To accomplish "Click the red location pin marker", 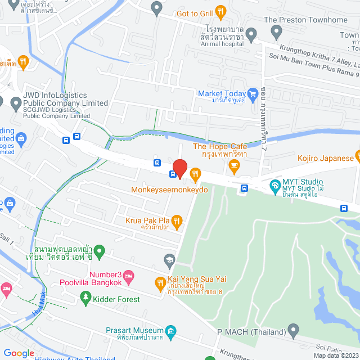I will (x=179, y=168).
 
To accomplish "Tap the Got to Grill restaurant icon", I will (x=221, y=10).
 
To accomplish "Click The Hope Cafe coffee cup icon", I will (x=234, y=164).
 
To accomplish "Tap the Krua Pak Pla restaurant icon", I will (x=177, y=220).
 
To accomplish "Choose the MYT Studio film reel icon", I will (x=275, y=184).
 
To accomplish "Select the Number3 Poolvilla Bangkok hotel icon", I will (x=129, y=275).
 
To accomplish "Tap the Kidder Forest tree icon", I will (x=85, y=296).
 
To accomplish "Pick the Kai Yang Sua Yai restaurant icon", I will (x=160, y=282).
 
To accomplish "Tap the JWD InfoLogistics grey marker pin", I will (x=15, y=103).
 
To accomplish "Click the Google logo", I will (x=19, y=353).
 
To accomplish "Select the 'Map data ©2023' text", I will (x=335, y=355).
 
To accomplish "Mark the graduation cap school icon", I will (x=169, y=259).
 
